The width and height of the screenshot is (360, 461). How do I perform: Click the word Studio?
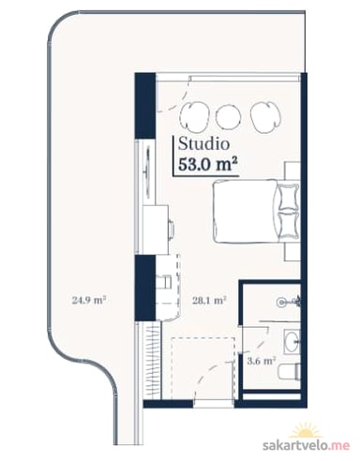203,144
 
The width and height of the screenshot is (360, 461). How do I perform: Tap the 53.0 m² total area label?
206,164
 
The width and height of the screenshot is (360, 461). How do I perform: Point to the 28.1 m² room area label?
209,301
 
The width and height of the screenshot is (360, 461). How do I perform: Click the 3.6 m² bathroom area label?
262,361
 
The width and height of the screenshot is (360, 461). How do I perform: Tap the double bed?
256,212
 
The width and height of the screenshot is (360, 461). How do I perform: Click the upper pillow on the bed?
287,197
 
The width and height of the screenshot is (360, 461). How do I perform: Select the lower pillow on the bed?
287,226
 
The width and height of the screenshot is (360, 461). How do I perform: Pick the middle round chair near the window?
229,116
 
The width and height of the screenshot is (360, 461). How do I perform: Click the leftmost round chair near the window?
194,116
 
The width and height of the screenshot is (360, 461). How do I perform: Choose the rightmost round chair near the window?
265,117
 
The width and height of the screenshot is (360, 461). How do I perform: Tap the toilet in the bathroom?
290,372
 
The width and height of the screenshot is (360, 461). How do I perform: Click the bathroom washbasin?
292,341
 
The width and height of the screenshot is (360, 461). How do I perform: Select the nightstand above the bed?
292,171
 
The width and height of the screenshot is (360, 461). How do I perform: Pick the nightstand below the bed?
292,252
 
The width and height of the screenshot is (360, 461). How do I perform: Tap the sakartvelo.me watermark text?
306,445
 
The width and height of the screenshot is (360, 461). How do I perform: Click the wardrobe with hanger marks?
153,361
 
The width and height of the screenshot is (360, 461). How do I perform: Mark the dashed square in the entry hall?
202,368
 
